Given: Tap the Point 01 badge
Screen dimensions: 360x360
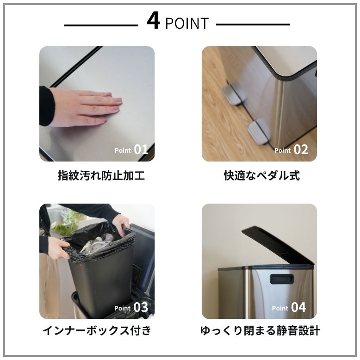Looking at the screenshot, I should pos(131,149).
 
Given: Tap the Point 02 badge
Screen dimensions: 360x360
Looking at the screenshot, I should pos(291,149).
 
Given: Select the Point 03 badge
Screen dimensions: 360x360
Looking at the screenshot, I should pos(131,307).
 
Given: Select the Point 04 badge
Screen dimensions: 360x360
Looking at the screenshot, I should pos(289,307).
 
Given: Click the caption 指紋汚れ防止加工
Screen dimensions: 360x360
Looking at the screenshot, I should pos(101,176).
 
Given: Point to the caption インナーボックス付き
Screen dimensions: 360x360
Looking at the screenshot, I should pos(97,331).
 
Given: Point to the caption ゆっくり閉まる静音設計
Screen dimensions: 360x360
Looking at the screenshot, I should pos(260,331).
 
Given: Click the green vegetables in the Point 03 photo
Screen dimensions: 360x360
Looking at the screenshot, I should pos(65,223).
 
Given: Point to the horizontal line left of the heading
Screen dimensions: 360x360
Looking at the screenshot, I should pos(101,25).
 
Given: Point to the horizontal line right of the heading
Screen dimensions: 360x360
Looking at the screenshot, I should pos(253,25).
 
